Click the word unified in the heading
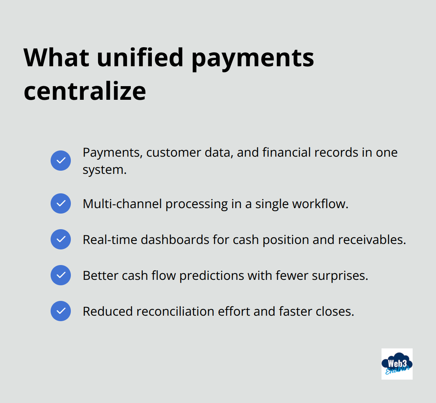point(140,58)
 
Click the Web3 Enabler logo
point(397,364)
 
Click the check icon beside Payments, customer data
point(61,161)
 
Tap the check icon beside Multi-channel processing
point(61,203)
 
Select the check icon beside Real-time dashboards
point(61,239)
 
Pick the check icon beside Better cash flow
point(61,275)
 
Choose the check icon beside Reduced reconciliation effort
point(61,311)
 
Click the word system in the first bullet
point(104,170)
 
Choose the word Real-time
point(110,240)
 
